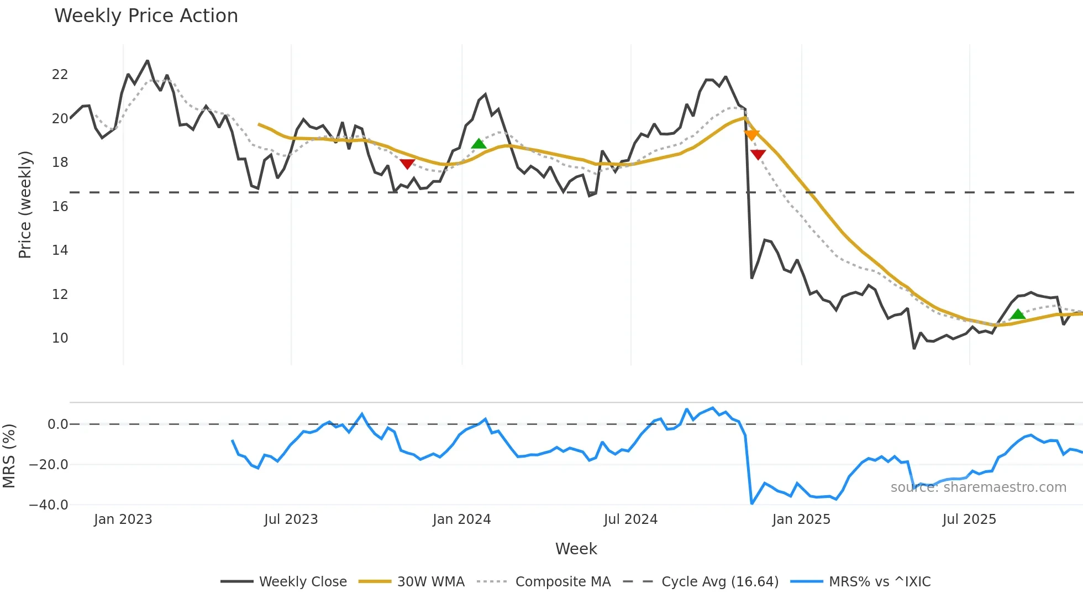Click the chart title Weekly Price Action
coord(146,16)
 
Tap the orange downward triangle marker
coord(751,135)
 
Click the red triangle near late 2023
coord(407,164)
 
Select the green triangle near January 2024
coord(479,144)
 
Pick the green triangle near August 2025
coord(1018,314)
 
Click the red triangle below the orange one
coord(758,154)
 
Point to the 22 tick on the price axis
coord(60,75)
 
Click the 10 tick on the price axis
coord(60,338)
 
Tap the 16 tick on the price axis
coord(60,207)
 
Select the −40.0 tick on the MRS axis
coord(49,505)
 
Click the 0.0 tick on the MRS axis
coord(57,424)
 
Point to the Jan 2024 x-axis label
coord(461,519)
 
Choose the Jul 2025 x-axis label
coord(969,519)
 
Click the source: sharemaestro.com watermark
coord(978,487)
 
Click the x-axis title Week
coord(576,549)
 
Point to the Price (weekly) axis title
coord(25,204)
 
